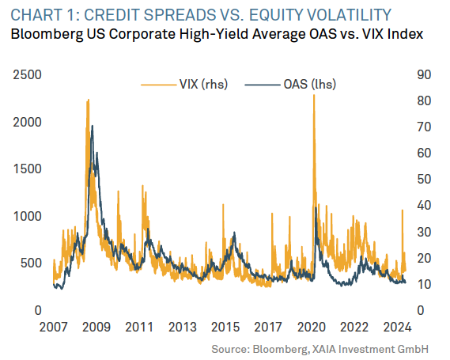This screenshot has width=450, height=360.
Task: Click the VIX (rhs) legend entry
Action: coord(184,85)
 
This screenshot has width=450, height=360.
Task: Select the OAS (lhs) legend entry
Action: coord(290,85)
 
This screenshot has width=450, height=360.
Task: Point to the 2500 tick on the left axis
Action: coord(28,75)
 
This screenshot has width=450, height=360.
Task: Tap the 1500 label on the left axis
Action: coord(28,169)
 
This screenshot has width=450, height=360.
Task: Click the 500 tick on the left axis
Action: coord(32,263)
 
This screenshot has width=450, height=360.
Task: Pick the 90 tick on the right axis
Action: coord(424,75)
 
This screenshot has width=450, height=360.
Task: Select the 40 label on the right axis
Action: coord(424,206)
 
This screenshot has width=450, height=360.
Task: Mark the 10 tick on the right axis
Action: coord(424,285)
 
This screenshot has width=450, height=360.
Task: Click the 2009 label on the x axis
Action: coord(96,328)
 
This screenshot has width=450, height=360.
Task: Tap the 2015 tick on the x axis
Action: coord(225,328)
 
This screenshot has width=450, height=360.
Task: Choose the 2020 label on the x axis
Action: coord(312,328)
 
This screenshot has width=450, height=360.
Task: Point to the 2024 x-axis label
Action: coord(398,328)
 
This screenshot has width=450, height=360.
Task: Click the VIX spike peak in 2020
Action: coord(314,95)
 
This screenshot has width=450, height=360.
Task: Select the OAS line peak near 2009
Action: coord(92,126)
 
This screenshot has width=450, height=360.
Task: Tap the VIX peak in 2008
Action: coord(88,100)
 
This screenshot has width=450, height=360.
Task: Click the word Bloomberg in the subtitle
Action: coord(46,35)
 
